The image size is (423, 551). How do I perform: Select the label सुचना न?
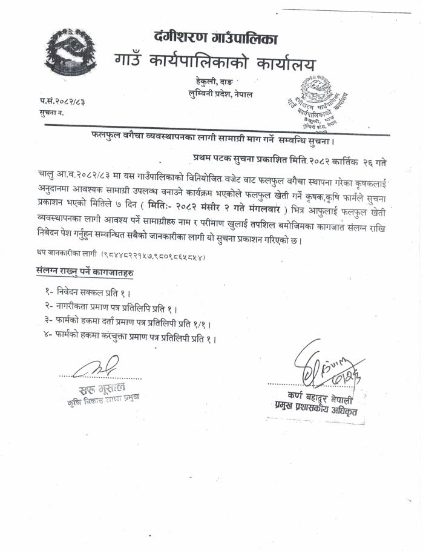click(x=52, y=113)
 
